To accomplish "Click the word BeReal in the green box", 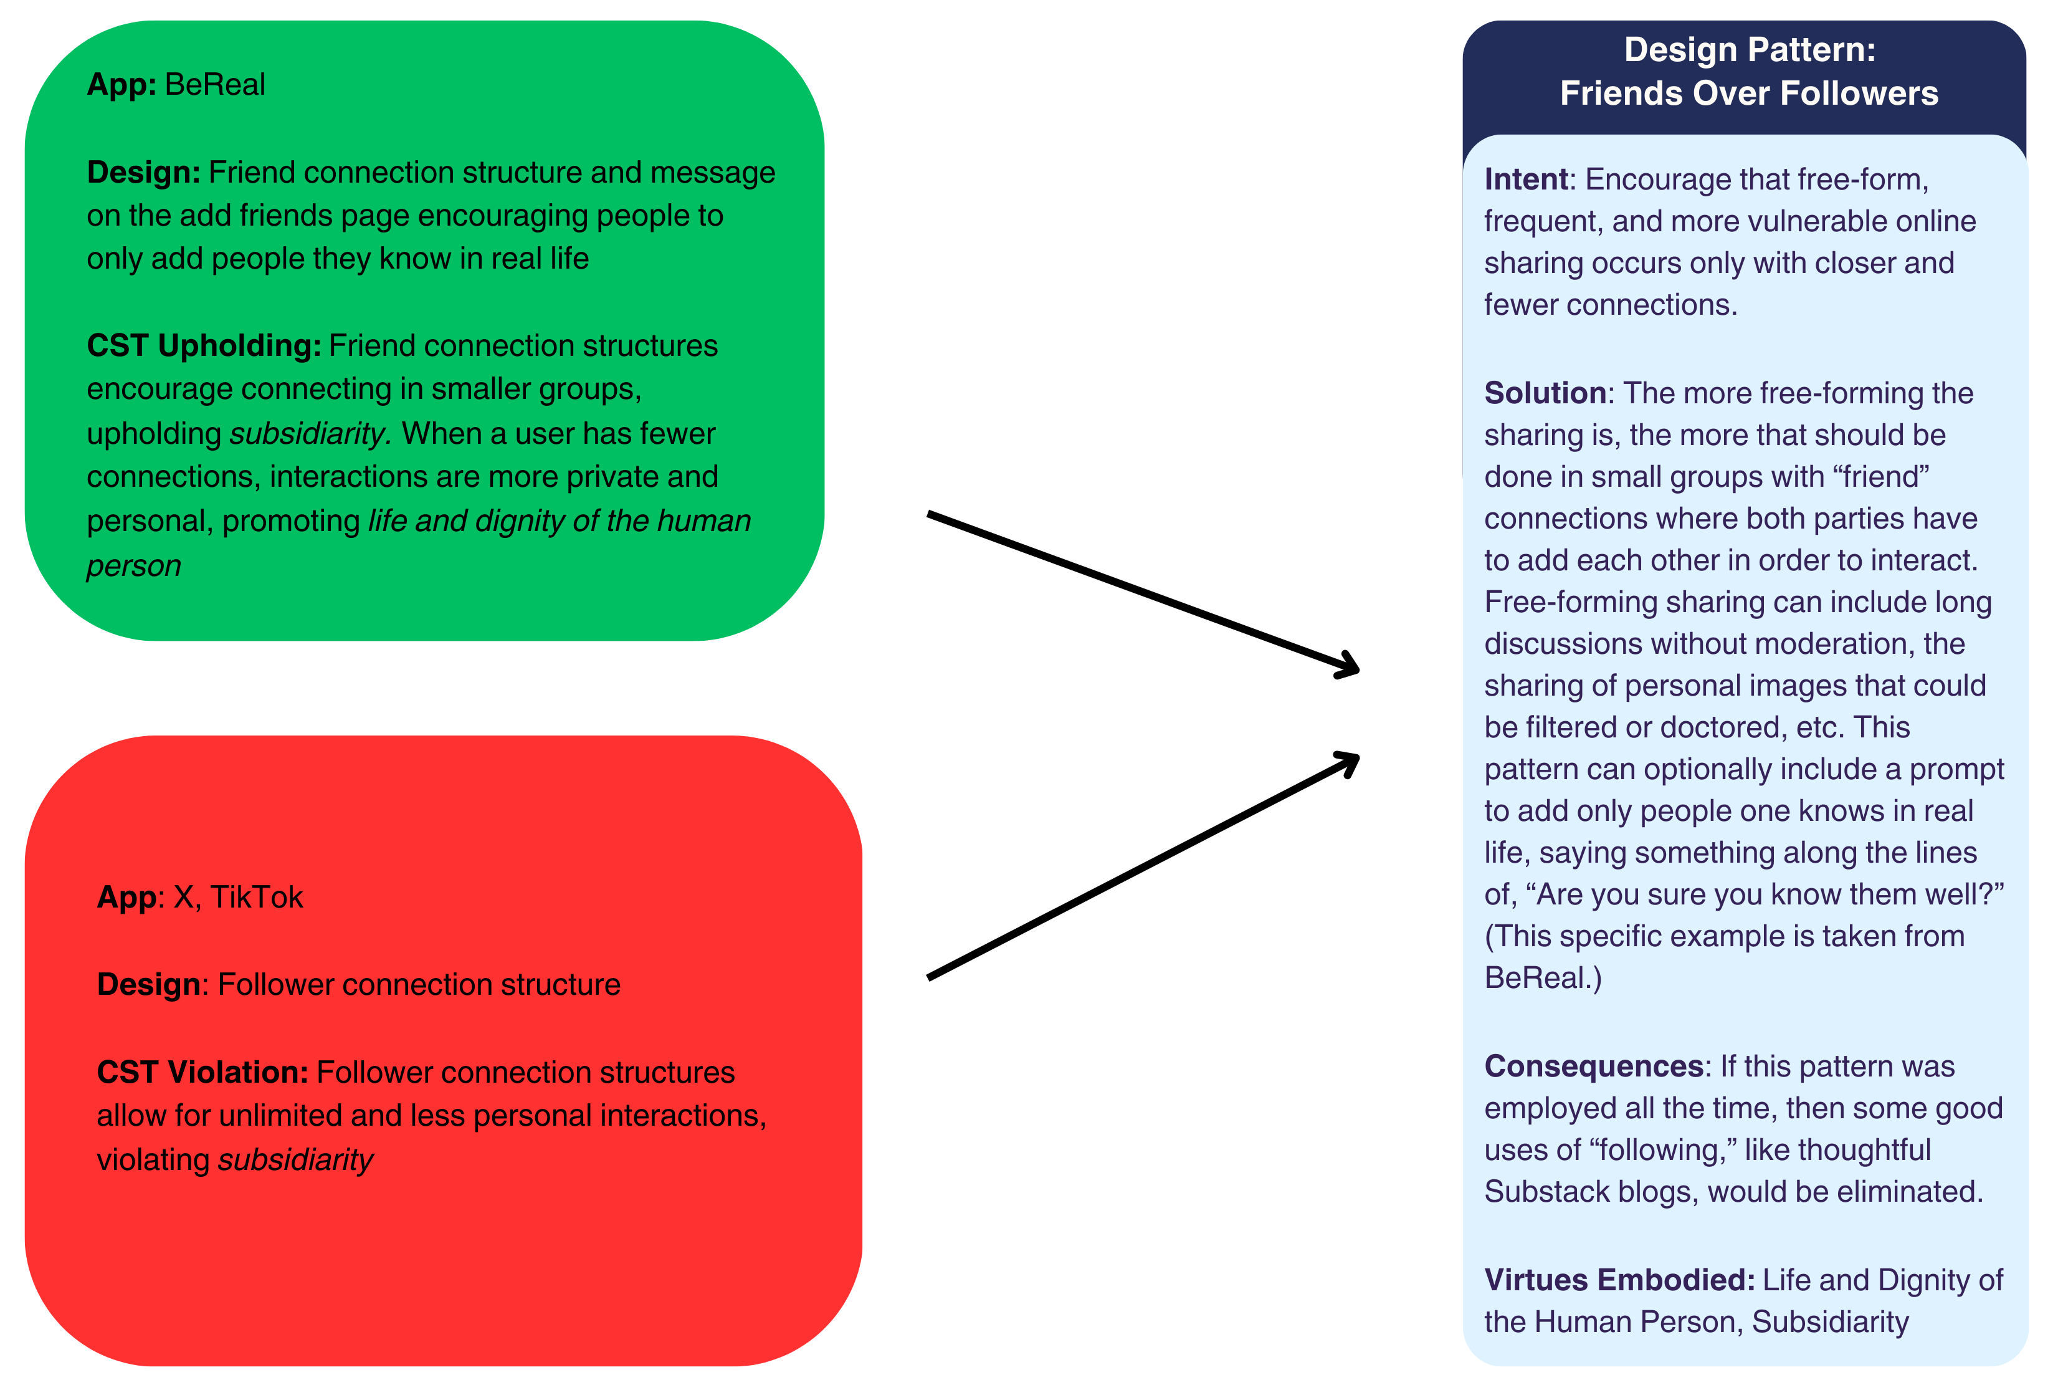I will coord(214,85).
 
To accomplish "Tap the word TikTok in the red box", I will coord(256,898).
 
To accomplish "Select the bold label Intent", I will coord(1525,180).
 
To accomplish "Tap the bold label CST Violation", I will coord(202,1073).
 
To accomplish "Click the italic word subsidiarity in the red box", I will coord(296,1161).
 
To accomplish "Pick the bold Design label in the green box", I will coord(143,173).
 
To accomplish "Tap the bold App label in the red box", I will coord(126,898).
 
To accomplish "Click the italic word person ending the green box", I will coord(134,566).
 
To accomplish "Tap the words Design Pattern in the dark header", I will coord(1748,50).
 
